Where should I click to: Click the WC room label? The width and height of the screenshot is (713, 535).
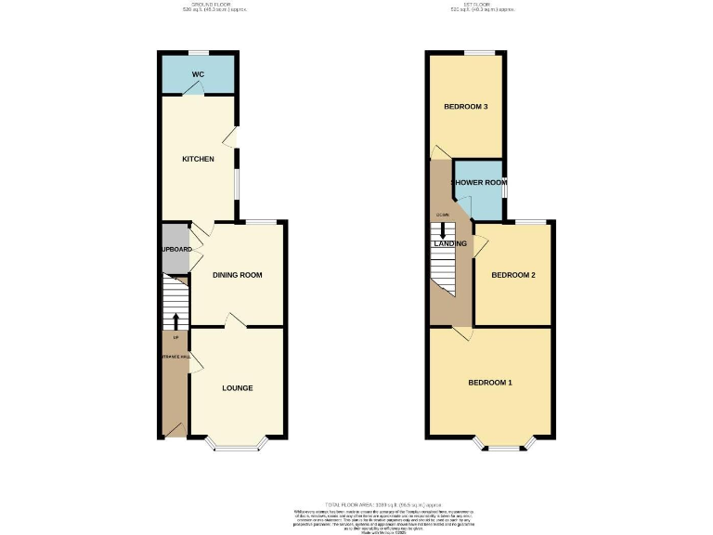[198, 74]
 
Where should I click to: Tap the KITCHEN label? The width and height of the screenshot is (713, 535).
[198, 159]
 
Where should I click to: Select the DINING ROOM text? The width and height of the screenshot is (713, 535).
[238, 275]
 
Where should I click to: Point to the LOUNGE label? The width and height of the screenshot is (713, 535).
[238, 387]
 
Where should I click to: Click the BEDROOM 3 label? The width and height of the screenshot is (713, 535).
[466, 107]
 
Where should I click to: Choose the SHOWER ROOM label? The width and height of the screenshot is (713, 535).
[479, 183]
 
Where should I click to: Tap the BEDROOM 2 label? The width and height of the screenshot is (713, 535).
[514, 275]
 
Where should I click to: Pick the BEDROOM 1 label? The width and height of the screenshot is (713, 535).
[490, 383]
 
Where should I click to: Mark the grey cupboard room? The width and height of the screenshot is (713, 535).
[175, 249]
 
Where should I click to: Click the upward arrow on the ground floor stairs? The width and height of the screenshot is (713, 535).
[175, 320]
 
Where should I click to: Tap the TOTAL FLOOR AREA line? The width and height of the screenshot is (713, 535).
[356, 504]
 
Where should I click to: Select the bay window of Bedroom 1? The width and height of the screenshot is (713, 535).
[506, 445]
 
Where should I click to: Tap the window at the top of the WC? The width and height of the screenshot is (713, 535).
[198, 53]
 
